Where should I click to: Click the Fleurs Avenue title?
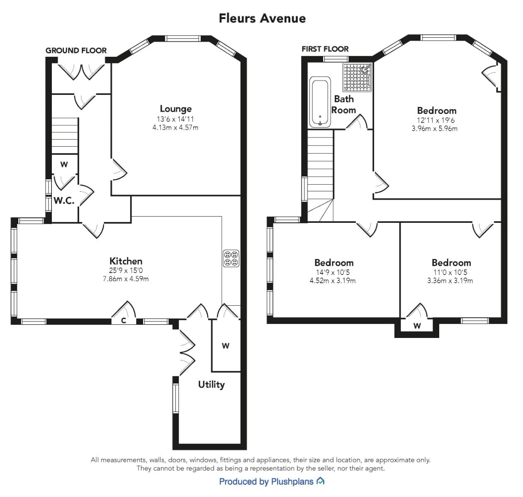(x=262, y=18)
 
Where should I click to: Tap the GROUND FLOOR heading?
(x=76, y=51)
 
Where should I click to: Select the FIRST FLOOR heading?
(x=325, y=49)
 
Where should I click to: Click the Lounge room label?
(x=175, y=109)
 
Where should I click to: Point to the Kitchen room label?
(x=126, y=261)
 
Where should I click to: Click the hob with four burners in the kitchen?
(x=231, y=258)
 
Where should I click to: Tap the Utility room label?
(x=211, y=384)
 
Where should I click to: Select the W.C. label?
(x=64, y=201)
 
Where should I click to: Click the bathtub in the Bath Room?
(x=320, y=102)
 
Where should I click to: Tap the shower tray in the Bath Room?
(x=357, y=77)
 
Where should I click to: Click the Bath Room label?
(x=343, y=104)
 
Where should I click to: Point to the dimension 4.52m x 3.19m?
(x=333, y=280)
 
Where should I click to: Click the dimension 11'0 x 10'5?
(x=451, y=272)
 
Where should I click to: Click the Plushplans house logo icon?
(x=320, y=481)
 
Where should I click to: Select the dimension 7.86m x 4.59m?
(x=126, y=279)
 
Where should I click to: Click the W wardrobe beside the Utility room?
(x=226, y=346)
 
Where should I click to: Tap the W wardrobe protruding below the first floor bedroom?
(x=417, y=326)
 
